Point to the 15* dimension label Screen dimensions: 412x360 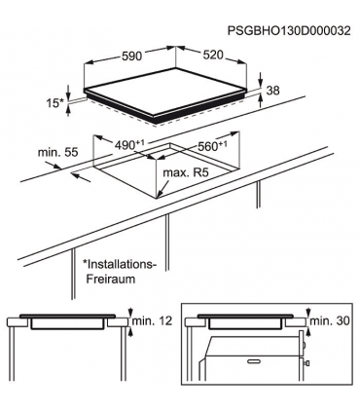pos(57,101)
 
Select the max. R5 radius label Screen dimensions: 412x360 pos(188,173)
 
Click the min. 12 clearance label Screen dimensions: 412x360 pos(157,320)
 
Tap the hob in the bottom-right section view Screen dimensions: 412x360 pos(247,320)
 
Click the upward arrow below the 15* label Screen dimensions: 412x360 pos(69,112)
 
